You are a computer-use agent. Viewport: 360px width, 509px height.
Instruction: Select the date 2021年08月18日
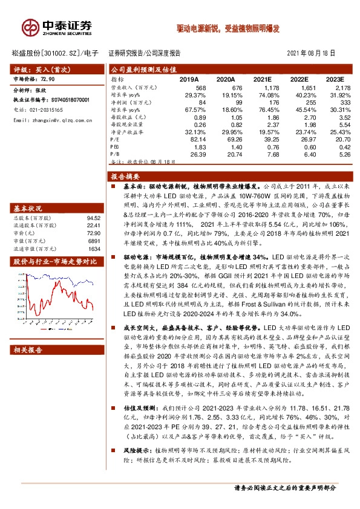point(310,53)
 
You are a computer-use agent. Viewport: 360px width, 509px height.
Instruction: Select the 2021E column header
point(263,79)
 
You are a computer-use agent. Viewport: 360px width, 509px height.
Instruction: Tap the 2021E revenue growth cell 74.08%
point(260,95)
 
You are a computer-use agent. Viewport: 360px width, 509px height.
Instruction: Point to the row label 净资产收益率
point(127,131)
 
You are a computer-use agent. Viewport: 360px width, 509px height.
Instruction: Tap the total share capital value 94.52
point(93,218)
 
